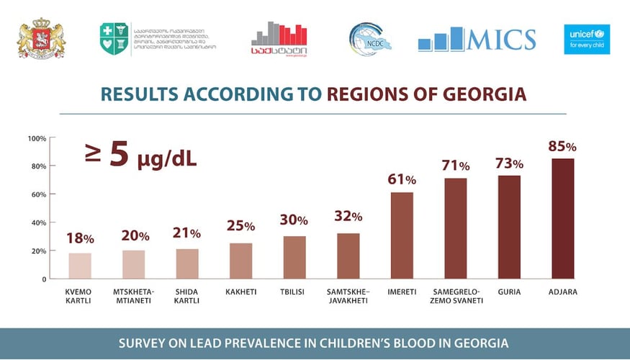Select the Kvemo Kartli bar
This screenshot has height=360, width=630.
(x=80, y=266)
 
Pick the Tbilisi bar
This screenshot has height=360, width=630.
(x=294, y=257)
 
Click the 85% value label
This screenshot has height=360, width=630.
(x=562, y=146)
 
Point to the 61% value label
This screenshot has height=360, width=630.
(x=401, y=179)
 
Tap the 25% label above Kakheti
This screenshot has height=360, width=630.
(x=241, y=226)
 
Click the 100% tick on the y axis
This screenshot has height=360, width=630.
(x=37, y=138)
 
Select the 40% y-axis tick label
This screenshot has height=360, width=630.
(x=39, y=222)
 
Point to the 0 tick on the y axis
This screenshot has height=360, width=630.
(x=44, y=279)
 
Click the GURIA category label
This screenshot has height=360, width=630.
(x=509, y=292)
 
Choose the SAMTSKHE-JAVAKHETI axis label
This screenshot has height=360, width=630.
(x=348, y=296)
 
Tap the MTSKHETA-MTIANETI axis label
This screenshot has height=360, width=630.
(x=133, y=296)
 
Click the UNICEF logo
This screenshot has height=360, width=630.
(x=587, y=40)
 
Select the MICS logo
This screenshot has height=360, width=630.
(x=477, y=40)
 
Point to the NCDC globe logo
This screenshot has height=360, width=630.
(x=370, y=39)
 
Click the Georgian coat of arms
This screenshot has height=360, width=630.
(x=41, y=40)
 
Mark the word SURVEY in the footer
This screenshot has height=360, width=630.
(x=144, y=343)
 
